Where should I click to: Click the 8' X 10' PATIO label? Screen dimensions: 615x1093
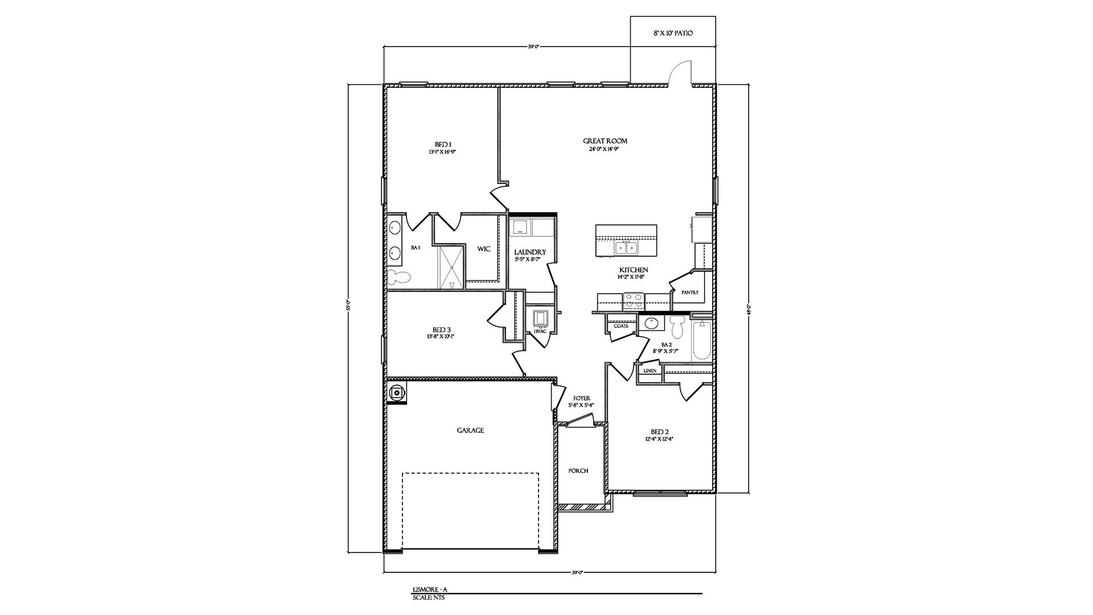point(673,34)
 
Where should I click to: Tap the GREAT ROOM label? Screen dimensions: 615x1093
point(605,141)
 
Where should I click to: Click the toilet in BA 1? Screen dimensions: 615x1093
point(399,278)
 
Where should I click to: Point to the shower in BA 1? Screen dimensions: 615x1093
point(451,267)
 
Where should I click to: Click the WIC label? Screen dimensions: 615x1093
point(484,249)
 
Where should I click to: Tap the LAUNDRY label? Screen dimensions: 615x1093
point(530,252)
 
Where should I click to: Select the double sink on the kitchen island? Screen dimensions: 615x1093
point(626,248)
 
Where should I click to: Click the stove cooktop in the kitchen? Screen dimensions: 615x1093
point(633,300)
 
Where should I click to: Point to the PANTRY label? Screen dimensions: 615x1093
point(690,293)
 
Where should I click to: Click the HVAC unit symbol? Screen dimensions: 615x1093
point(539,317)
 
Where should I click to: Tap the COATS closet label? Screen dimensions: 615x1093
point(621,326)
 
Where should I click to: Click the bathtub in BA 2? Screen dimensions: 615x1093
point(702,341)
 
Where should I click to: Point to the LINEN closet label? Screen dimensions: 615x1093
point(650,371)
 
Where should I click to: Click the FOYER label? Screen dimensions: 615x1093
point(581,398)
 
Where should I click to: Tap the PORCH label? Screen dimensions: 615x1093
point(578,471)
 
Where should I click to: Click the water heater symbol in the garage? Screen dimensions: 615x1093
point(396,392)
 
